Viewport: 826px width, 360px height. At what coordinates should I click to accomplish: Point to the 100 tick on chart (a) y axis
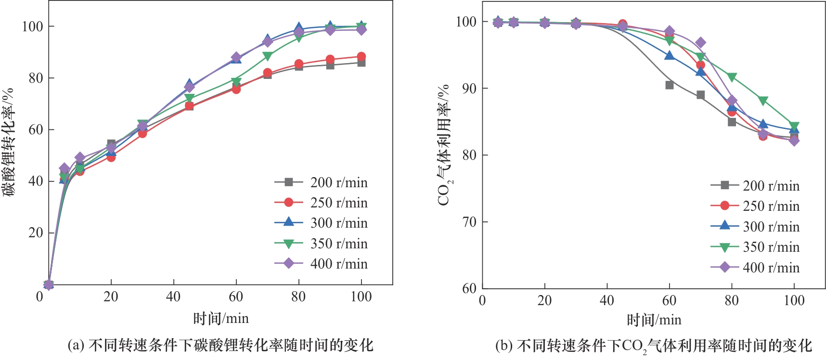[32, 26]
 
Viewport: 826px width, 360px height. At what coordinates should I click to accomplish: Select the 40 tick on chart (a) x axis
[173, 296]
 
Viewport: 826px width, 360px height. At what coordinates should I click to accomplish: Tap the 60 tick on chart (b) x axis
[669, 300]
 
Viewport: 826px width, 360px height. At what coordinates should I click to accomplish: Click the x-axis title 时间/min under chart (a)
[220, 318]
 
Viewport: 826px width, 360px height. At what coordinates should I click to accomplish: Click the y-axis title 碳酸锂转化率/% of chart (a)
[8, 142]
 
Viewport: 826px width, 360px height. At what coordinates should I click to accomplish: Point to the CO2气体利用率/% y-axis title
[444, 145]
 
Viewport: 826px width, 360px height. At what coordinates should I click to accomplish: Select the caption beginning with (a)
[220, 345]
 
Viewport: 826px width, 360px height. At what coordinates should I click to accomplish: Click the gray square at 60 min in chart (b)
[669, 85]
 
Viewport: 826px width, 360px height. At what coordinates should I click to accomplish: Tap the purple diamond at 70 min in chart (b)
[700, 43]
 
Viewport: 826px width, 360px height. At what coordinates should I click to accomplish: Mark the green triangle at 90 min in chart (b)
[763, 101]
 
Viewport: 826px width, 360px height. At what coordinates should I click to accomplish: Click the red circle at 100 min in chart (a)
[361, 57]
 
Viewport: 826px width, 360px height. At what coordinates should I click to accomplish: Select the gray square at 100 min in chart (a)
[361, 63]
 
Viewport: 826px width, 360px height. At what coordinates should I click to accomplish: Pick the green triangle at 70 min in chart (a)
[268, 56]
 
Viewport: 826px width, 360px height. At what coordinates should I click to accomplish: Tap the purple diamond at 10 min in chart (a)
[80, 157]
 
